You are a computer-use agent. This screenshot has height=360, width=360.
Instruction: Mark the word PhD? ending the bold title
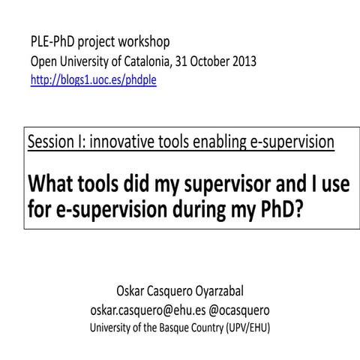281,211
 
